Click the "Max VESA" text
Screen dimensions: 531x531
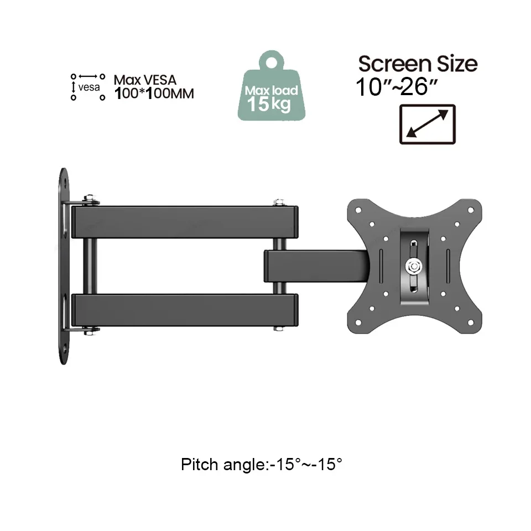[x=145, y=81]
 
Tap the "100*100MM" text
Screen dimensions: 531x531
[x=154, y=94]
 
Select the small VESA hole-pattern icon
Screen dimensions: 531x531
[x=87, y=87]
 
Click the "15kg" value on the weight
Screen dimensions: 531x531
[x=269, y=103]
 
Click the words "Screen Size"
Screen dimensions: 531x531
[x=418, y=64]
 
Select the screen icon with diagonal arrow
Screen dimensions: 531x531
[x=427, y=124]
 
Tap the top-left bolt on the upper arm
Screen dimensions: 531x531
[x=88, y=199]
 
